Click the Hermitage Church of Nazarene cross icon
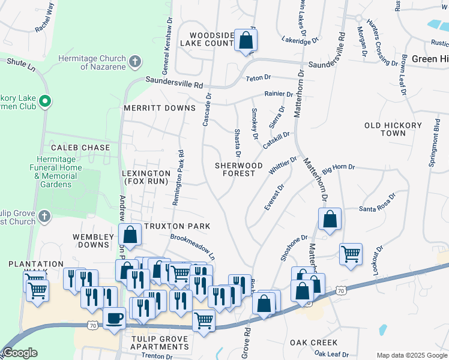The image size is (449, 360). (136, 61)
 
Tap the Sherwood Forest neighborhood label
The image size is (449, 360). (240, 169)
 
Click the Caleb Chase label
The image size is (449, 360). (80, 148)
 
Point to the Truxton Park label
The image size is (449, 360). (177, 226)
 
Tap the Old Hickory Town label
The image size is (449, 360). (385, 129)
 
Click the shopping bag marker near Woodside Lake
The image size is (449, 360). (246, 41)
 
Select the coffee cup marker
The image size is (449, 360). (114, 318)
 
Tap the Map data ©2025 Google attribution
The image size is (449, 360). (411, 355)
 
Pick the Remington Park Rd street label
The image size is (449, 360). (178, 178)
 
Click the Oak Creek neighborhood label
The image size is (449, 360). (314, 343)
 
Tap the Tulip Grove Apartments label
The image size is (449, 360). (160, 343)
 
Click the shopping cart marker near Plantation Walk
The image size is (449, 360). (37, 291)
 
